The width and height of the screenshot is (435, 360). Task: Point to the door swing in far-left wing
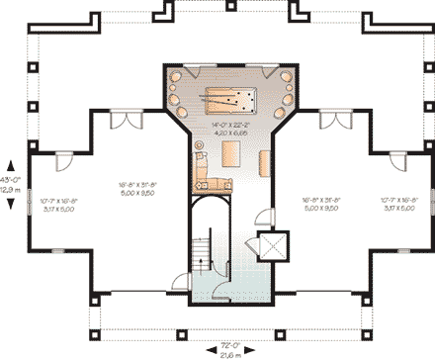pos(63,160)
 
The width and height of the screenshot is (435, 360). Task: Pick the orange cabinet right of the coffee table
pos(264,162)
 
